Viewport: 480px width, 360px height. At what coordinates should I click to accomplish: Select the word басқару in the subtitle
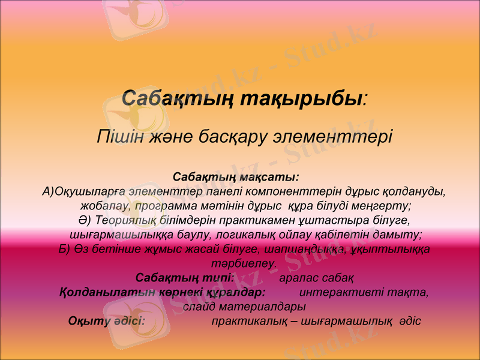[x=234, y=136]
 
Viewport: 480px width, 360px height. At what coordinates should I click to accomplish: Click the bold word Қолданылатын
[x=98, y=292]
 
